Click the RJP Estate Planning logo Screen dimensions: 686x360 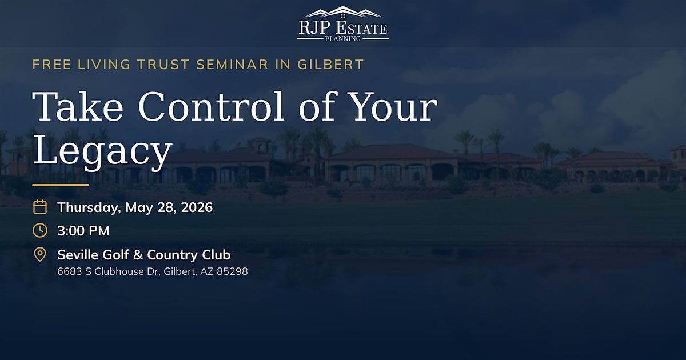pyautogui.click(x=343, y=23)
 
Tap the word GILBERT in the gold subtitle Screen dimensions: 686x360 pyautogui.click(x=331, y=65)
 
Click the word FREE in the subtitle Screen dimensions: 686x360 pyautogui.click(x=52, y=65)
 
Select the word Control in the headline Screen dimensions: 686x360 pyautogui.click(x=212, y=106)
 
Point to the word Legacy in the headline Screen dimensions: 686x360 pyautogui.click(x=102, y=152)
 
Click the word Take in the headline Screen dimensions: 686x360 pyautogui.click(x=78, y=106)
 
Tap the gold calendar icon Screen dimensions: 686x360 pyautogui.click(x=40, y=207)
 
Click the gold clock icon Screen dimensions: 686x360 pyautogui.click(x=40, y=230)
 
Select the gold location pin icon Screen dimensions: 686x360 pyautogui.click(x=40, y=255)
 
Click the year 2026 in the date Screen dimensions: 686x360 pyautogui.click(x=197, y=207)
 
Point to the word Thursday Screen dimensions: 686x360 pyautogui.click(x=89, y=208)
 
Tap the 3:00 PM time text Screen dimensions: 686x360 pyautogui.click(x=83, y=231)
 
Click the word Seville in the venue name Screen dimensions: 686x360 pyautogui.click(x=78, y=255)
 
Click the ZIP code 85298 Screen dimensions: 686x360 pyautogui.click(x=232, y=271)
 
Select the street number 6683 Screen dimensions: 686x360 pyautogui.click(x=70, y=271)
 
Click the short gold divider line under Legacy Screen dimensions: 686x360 pyautogui.click(x=61, y=185)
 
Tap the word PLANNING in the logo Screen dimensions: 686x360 pyautogui.click(x=343, y=39)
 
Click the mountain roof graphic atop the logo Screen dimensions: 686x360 pyautogui.click(x=343, y=11)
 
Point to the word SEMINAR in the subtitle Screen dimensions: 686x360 pyautogui.click(x=232, y=65)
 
